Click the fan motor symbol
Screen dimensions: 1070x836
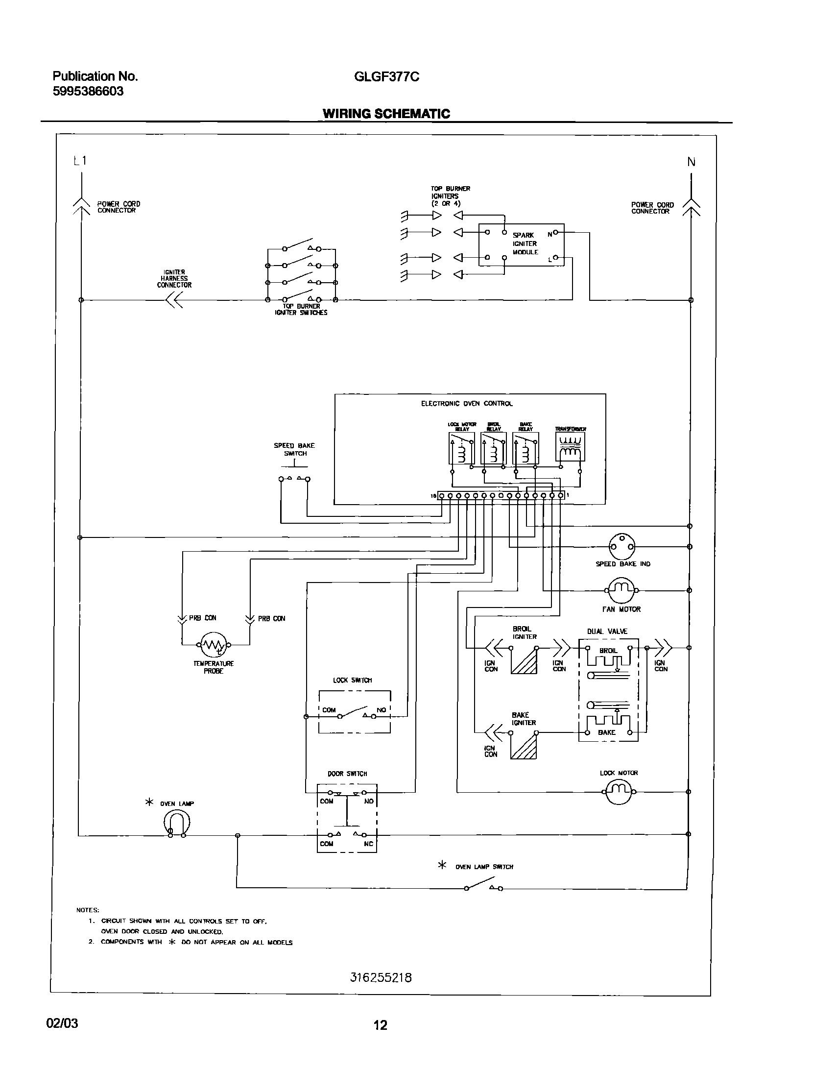(x=621, y=590)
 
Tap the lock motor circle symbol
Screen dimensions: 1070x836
(x=620, y=791)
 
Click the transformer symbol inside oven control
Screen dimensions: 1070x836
(x=570, y=447)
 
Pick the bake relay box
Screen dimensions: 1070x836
(x=525, y=448)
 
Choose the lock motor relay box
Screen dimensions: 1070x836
(x=461, y=448)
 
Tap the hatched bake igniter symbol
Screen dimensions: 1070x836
(x=524, y=746)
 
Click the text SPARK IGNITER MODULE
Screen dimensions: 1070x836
(x=525, y=243)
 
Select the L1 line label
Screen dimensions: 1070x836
(x=80, y=161)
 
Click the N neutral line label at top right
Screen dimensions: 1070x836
(x=691, y=162)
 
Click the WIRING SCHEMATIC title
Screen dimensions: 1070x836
(x=386, y=114)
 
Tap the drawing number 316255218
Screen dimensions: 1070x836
(x=381, y=978)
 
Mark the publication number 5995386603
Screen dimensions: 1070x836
(x=88, y=91)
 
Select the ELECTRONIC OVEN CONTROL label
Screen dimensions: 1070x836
(x=467, y=404)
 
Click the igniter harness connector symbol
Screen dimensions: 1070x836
(x=174, y=300)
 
